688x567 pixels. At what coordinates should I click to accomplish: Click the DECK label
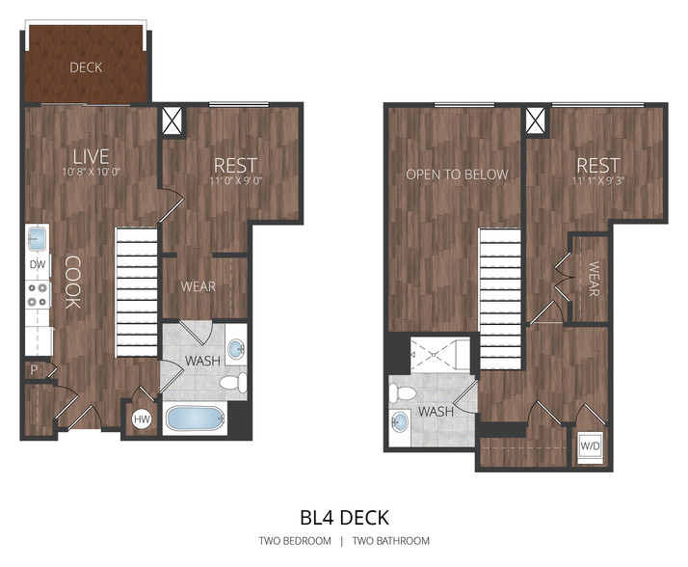[x=86, y=67]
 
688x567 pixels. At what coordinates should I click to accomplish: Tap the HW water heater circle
[x=142, y=419]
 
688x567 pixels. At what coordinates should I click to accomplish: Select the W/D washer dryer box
[x=590, y=446]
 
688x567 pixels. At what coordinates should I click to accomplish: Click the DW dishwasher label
[x=38, y=264]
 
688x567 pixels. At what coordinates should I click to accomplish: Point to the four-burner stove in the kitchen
[x=38, y=295]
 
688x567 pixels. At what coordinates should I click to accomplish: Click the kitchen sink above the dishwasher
[x=37, y=238]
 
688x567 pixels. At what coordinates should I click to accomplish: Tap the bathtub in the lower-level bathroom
[x=195, y=418]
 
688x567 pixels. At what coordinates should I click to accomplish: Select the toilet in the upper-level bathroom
[x=402, y=392]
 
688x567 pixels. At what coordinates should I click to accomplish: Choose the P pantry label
[x=34, y=370]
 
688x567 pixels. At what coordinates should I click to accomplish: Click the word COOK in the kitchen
[x=72, y=283]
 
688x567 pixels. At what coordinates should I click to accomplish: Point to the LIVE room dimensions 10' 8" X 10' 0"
[x=92, y=172]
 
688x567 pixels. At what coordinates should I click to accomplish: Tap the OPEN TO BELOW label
[x=457, y=175]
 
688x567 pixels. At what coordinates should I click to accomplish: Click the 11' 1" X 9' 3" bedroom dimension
[x=598, y=180]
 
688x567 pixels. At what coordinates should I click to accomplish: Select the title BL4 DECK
[x=344, y=518]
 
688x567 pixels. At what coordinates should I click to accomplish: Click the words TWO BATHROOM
[x=391, y=541]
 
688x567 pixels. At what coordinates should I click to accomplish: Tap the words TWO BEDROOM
[x=295, y=541]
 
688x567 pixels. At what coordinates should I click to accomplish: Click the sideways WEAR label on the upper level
[x=594, y=279]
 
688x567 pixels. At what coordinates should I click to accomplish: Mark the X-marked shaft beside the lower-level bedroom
[x=172, y=121]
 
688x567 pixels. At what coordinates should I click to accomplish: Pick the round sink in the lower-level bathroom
[x=236, y=349]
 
